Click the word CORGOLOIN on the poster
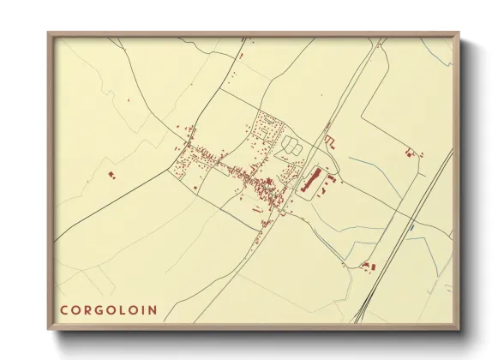[x=108, y=310]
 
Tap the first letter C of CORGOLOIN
[x=63, y=310]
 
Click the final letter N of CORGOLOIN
[x=153, y=310]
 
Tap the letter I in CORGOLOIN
[x=142, y=310]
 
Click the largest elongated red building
[x=310, y=181]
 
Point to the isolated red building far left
[x=111, y=175]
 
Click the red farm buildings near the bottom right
[x=369, y=266]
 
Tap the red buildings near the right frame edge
[x=411, y=153]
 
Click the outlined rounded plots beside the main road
[x=292, y=146]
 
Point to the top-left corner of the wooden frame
[x=49, y=34]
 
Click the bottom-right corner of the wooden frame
[x=459, y=328]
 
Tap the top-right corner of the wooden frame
[x=459, y=34]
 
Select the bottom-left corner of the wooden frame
[x=49, y=328]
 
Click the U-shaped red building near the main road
[x=329, y=141]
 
